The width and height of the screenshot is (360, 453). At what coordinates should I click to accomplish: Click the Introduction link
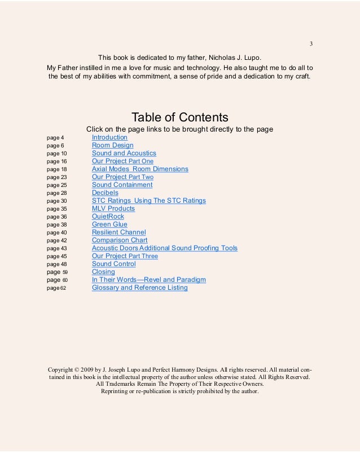click(109, 137)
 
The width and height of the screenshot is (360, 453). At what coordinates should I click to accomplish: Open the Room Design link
click(112, 145)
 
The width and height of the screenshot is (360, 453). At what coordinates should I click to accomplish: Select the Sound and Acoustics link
click(124, 153)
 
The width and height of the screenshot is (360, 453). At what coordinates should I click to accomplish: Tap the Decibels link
click(105, 193)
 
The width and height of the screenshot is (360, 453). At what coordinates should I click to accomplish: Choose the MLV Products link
click(113, 208)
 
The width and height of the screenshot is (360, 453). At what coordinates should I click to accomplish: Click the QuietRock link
click(108, 216)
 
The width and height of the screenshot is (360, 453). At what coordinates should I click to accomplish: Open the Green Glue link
click(109, 224)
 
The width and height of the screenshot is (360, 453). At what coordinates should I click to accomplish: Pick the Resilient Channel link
click(118, 232)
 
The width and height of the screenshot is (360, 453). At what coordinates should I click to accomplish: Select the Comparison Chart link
click(120, 240)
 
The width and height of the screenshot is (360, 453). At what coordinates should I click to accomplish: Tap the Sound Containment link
click(122, 185)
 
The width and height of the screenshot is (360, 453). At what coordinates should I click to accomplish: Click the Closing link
click(103, 272)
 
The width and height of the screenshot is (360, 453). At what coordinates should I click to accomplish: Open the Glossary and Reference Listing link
click(139, 288)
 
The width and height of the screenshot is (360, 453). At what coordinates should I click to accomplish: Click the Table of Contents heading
click(179, 117)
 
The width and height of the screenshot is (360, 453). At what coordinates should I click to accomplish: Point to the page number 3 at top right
click(311, 44)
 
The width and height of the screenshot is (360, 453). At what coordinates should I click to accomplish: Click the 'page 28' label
click(56, 193)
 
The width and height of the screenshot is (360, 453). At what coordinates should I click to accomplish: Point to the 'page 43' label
click(56, 249)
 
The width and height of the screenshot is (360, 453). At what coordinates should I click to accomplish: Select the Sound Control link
click(113, 264)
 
